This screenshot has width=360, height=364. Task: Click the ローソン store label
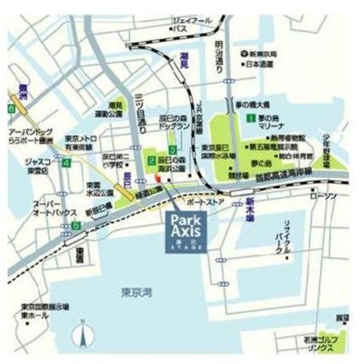pos(322,196)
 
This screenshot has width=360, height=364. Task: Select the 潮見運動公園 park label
pos(115,110)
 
